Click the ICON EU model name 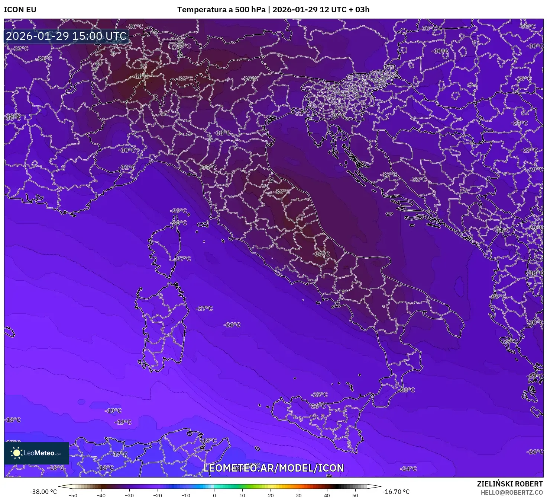(x=20, y=10)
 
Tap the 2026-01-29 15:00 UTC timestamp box (x=67, y=36)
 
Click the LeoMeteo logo (x=36, y=453)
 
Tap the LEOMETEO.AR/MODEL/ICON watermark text (x=273, y=468)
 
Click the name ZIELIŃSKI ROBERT (x=510, y=484)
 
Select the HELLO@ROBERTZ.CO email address (x=512, y=492)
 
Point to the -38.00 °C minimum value (x=43, y=492)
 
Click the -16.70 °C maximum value (x=396, y=492)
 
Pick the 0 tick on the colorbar (x=214, y=495)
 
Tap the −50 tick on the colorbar (x=73, y=495)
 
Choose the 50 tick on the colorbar (x=355, y=495)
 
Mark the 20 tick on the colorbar (x=271, y=495)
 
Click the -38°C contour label (x=142, y=76)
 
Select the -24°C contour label (x=408, y=469)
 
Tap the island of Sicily (x=320, y=421)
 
